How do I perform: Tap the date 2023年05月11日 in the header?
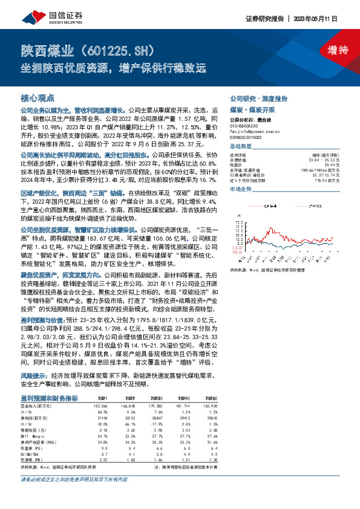click(326, 19)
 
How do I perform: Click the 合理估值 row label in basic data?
click(238, 160)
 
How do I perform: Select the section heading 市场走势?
click(240, 189)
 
